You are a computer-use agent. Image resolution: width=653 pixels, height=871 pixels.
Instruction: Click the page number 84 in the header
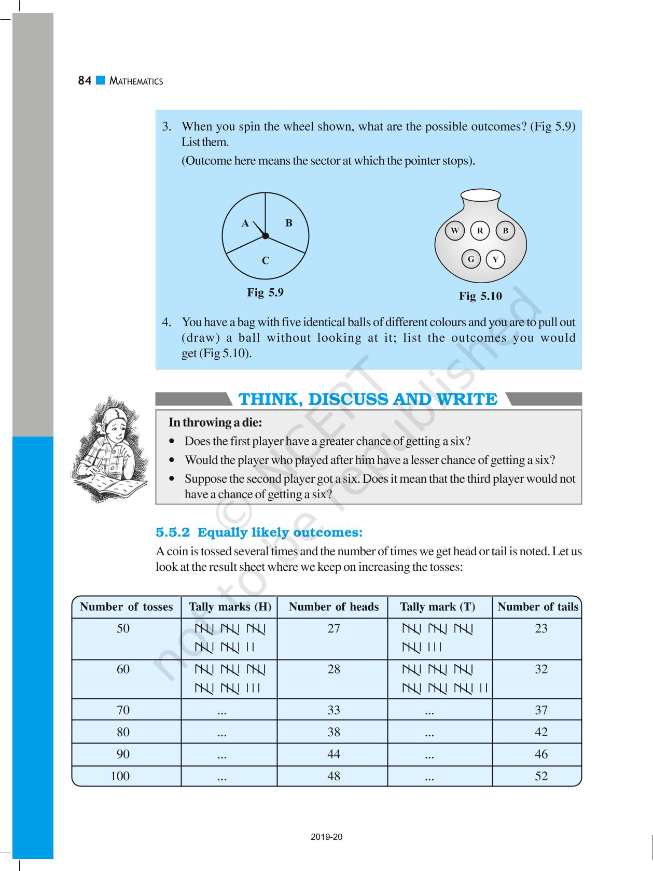pyautogui.click(x=85, y=81)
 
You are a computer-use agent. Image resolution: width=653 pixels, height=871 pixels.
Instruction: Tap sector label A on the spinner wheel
pyautogui.click(x=245, y=223)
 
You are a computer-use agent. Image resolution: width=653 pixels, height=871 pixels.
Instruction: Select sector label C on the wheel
pyautogui.click(x=266, y=261)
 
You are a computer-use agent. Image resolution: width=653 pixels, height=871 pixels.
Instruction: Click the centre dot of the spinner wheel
pyautogui.click(x=265, y=236)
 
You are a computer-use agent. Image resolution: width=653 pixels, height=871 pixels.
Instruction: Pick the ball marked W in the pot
pyautogui.click(x=455, y=231)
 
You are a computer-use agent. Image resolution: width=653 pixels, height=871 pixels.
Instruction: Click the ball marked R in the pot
pyautogui.click(x=480, y=231)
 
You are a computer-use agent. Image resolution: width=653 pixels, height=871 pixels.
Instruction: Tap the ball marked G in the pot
pyautogui.click(x=471, y=259)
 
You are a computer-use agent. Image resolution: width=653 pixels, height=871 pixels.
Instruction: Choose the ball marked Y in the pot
pyautogui.click(x=495, y=260)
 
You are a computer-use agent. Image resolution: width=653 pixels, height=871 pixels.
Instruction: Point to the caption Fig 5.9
pyautogui.click(x=265, y=292)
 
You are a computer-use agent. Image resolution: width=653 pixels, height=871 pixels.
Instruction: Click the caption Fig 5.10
pyautogui.click(x=480, y=296)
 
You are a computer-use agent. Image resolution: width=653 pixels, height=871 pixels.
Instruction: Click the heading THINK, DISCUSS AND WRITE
pyautogui.click(x=368, y=399)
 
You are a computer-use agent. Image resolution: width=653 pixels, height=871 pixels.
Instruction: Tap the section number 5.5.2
pyautogui.click(x=173, y=532)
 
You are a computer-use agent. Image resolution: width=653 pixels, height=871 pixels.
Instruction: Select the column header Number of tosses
pyautogui.click(x=126, y=607)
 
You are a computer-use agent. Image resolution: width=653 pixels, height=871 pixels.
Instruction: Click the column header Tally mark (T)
pyautogui.click(x=437, y=607)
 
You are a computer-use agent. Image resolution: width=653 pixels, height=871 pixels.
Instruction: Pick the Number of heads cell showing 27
pyautogui.click(x=334, y=628)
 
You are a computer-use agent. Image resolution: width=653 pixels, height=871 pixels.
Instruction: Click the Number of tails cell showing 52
pyautogui.click(x=541, y=776)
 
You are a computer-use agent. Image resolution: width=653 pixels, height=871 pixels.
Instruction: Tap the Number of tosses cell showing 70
pyautogui.click(x=123, y=710)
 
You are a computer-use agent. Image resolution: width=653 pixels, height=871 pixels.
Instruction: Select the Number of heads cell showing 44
pyautogui.click(x=334, y=754)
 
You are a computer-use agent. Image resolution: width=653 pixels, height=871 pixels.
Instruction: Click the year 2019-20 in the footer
pyautogui.click(x=327, y=837)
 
